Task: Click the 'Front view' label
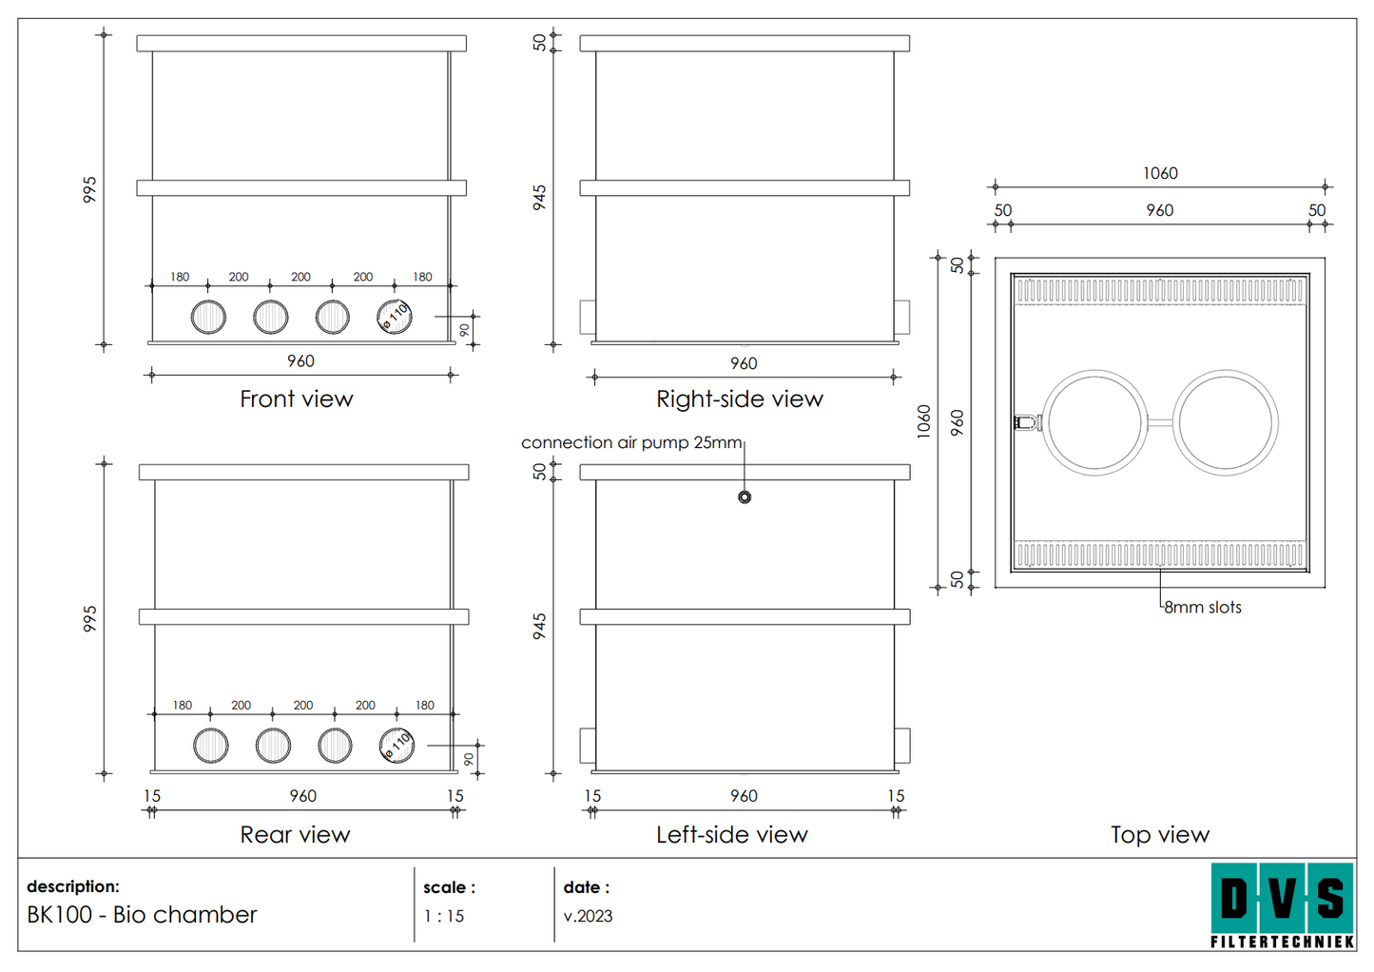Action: (296, 399)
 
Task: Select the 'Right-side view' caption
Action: (739, 399)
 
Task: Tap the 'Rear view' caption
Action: (295, 835)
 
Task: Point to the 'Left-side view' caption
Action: (731, 835)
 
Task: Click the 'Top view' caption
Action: (1159, 835)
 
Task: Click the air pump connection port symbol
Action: (745, 497)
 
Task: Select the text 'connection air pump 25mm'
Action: (631, 443)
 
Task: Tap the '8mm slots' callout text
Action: (1203, 608)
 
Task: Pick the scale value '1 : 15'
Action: (444, 917)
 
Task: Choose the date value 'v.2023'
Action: (588, 917)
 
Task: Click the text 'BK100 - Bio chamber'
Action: (142, 915)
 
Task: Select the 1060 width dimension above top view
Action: (1160, 173)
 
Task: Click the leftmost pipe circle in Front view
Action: (208, 317)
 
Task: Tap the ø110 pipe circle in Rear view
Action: (397, 746)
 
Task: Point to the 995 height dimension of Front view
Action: (89, 189)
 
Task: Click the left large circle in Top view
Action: (1095, 422)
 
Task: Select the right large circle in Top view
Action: (1226, 422)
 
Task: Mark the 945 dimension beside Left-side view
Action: (539, 626)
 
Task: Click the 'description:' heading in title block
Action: (73, 886)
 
